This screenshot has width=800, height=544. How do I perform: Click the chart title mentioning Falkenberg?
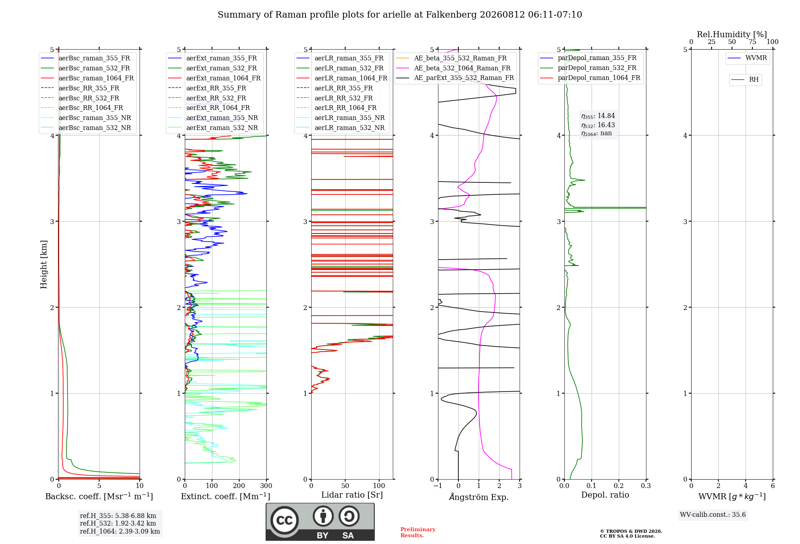click(x=400, y=15)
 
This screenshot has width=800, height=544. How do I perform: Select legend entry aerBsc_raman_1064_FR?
click(x=87, y=78)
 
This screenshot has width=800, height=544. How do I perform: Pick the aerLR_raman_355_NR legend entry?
click(x=341, y=118)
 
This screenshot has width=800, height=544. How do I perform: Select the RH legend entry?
click(x=745, y=80)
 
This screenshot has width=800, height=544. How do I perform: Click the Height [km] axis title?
click(x=44, y=264)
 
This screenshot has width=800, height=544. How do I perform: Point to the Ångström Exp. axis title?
click(x=479, y=497)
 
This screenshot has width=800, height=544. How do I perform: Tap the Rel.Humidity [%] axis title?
click(x=732, y=34)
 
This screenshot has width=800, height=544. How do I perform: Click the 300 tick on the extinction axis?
click(x=266, y=486)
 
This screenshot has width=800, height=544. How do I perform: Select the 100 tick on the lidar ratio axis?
click(x=379, y=486)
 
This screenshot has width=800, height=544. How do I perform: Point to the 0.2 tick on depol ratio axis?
click(x=619, y=486)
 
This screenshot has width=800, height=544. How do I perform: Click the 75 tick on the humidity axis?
click(x=752, y=42)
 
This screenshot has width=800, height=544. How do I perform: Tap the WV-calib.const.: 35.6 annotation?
click(x=713, y=514)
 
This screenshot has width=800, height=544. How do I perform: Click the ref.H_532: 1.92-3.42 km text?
click(x=118, y=523)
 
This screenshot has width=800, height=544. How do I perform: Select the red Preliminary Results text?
click(x=418, y=532)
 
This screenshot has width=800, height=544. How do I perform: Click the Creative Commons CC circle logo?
click(x=284, y=520)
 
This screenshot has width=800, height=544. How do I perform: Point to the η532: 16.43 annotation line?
click(x=598, y=125)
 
